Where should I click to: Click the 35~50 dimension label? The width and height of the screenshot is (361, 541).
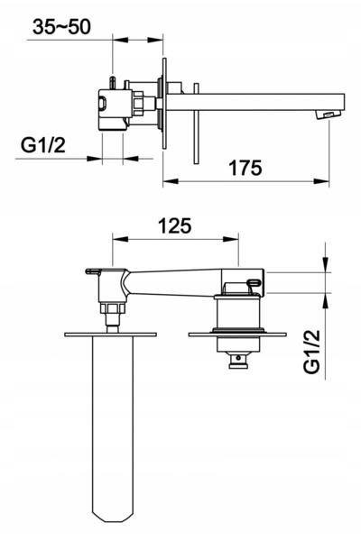coord(61,27)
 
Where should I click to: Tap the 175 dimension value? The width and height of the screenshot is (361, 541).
coord(245,168)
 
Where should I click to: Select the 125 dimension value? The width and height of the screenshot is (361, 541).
coord(174,226)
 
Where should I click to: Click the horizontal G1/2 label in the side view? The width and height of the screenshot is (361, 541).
coord(42,145)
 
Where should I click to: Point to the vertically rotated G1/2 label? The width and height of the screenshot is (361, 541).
coord(312,352)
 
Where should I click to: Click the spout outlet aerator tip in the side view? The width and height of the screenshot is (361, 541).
coord(328,115)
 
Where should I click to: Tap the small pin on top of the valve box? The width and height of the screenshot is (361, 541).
coord(113,83)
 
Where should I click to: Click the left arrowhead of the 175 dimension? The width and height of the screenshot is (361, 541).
coord(171,181)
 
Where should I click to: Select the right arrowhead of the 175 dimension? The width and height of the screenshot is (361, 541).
coord(321,181)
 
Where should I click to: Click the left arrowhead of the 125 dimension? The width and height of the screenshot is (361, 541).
coord(120,239)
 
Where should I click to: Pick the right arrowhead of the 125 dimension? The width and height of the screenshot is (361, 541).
coord(231,239)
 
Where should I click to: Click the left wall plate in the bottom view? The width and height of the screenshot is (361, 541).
coord(110,335)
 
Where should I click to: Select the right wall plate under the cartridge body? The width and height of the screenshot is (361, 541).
coord(237,335)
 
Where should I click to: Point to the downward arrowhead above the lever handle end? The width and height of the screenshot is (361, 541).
coord(326,265)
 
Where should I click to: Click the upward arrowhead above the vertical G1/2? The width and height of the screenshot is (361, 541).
coord(326,301)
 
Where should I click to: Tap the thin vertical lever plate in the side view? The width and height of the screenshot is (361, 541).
coord(196,123)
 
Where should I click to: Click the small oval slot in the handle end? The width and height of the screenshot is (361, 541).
coord(255,282)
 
